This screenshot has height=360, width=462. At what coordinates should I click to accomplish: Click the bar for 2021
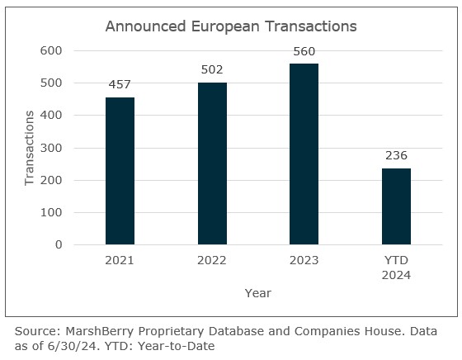tap(120, 171)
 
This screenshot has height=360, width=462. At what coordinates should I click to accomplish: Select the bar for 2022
tap(212, 163)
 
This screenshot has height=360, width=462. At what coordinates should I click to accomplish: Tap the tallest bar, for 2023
tap(304, 154)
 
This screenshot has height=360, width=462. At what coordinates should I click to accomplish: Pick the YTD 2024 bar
tap(396, 206)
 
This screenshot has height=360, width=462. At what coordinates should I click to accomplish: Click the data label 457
tap(120, 83)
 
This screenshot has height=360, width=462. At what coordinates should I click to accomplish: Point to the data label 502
tap(212, 69)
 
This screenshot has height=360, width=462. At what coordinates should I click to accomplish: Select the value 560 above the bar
tap(304, 50)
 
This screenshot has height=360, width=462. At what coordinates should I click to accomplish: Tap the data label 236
tap(396, 155)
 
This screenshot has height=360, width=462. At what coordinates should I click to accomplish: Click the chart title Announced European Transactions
tap(231, 26)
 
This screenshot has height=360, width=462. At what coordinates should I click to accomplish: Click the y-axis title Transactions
tap(30, 147)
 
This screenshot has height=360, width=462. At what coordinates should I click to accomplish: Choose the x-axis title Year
tap(257, 293)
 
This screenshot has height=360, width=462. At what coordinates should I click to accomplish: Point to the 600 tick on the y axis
tap(52, 50)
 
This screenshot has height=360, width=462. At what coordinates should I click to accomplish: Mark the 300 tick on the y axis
tap(52, 148)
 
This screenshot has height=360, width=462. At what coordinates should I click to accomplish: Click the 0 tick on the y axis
tap(59, 245)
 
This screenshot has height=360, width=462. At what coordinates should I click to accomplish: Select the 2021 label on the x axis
tap(120, 261)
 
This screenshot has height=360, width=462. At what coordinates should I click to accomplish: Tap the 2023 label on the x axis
tap(304, 261)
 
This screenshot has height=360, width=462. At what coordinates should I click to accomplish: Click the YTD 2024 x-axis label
tap(396, 268)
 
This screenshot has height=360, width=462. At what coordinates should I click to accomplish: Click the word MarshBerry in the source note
tap(97, 331)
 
